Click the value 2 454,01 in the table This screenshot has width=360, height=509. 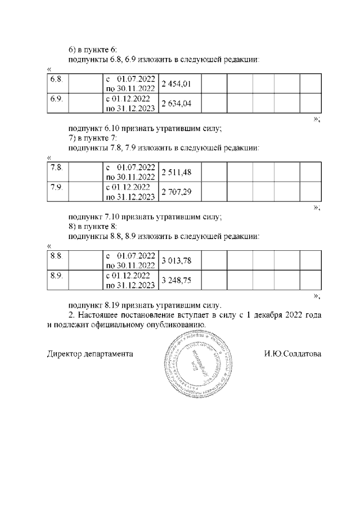[x=177, y=84]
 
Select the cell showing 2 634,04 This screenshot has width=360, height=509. [x=177, y=102]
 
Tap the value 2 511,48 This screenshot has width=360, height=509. [x=177, y=172]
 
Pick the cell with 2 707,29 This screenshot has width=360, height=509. [x=177, y=192]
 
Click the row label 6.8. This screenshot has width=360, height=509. [x=56, y=78]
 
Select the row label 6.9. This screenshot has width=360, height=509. [x=56, y=98]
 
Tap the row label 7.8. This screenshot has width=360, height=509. [x=56, y=168]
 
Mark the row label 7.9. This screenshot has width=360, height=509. [x=56, y=187]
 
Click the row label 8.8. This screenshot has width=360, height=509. [x=56, y=255]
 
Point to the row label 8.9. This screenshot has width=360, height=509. [x=56, y=275]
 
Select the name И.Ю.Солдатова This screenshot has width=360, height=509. [x=292, y=354]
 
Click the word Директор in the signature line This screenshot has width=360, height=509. [x=64, y=354]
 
